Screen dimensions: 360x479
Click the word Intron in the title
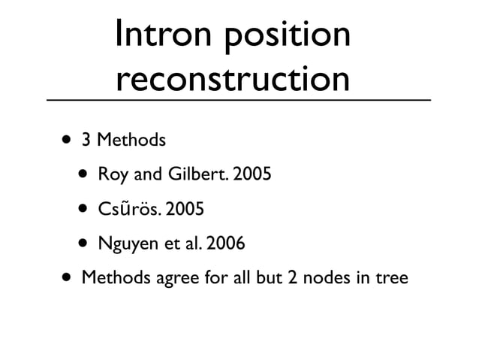(x=161, y=36)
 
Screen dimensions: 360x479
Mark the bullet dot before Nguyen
(x=81, y=244)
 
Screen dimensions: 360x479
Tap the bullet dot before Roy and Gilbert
(x=81, y=175)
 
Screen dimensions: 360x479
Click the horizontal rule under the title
(x=239, y=100)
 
